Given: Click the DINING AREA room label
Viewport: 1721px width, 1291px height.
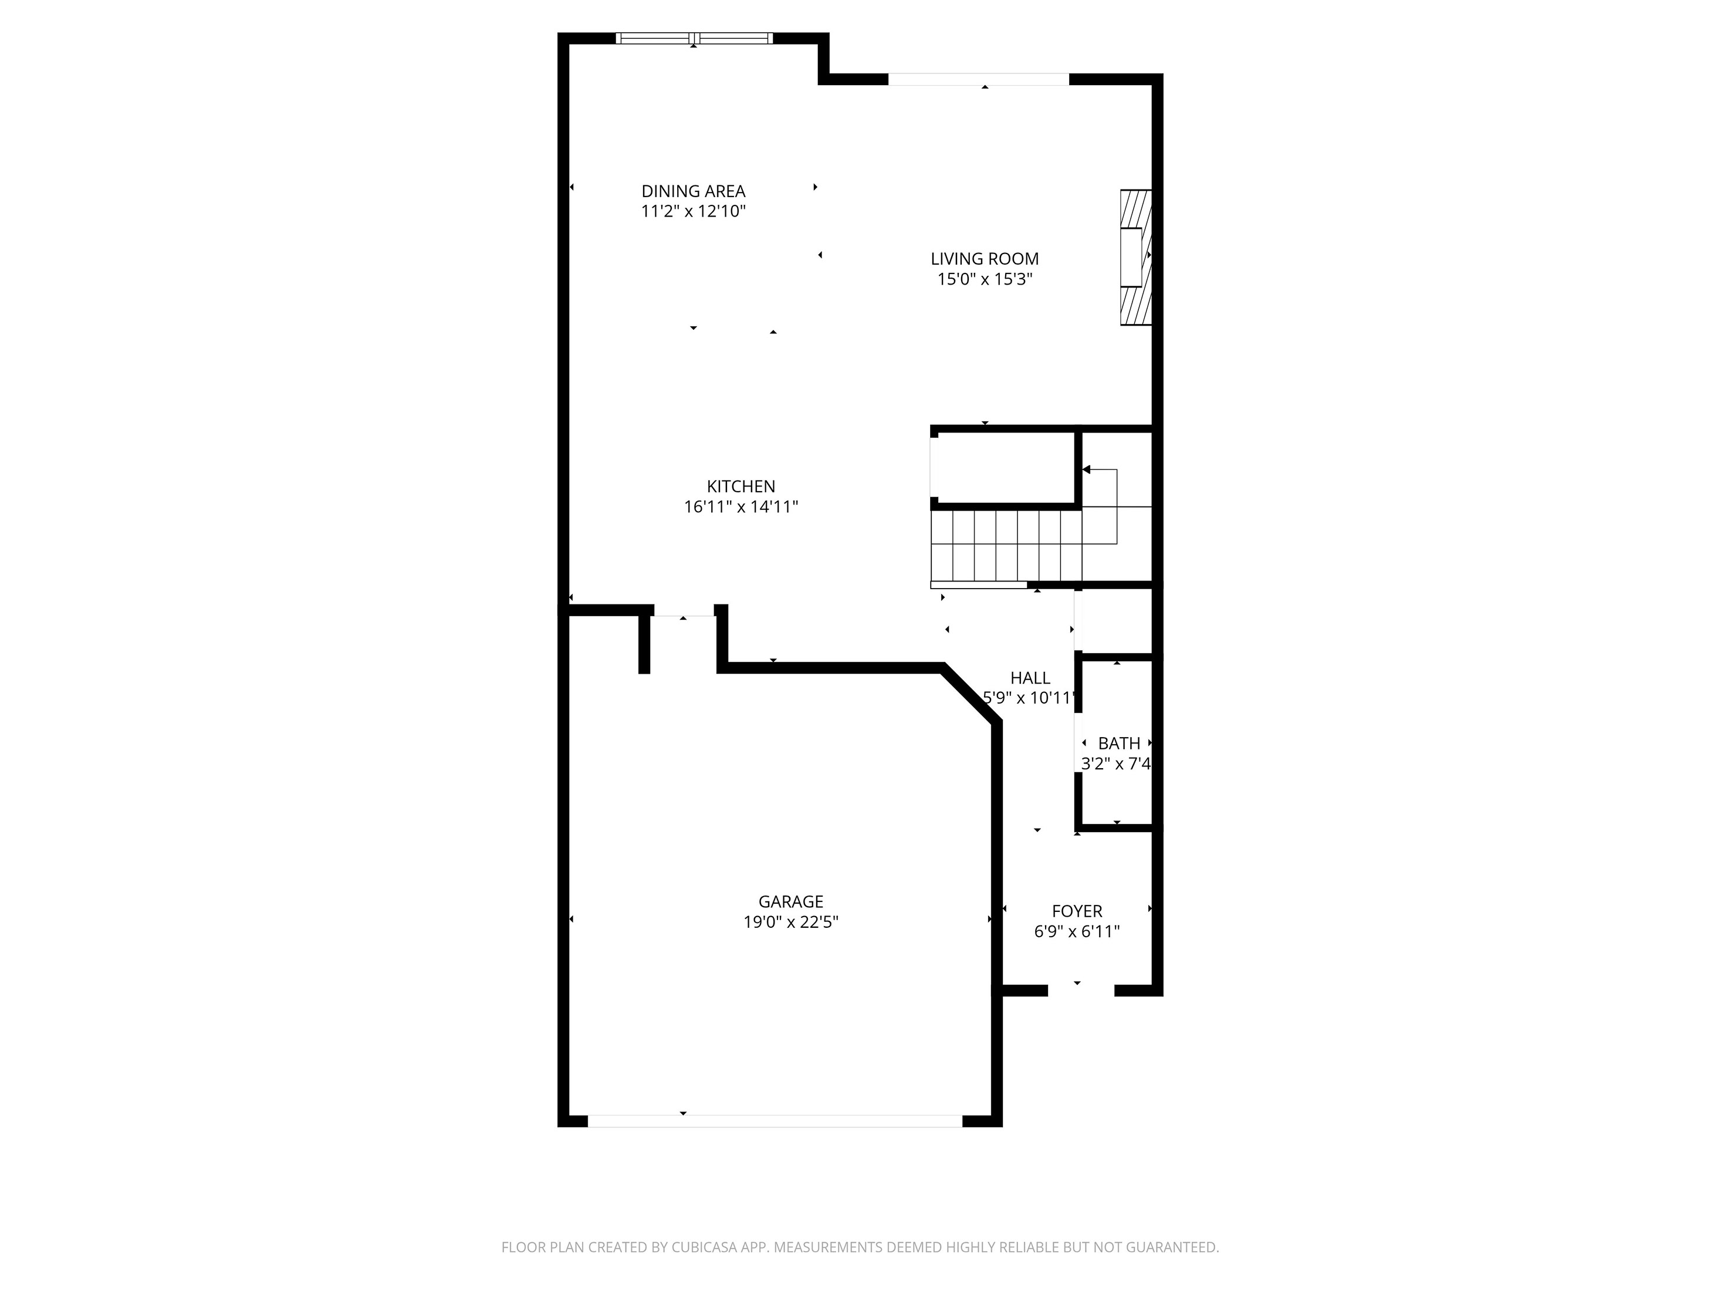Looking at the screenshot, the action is [x=693, y=191].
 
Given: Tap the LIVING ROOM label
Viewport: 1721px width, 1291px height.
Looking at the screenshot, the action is [x=985, y=259].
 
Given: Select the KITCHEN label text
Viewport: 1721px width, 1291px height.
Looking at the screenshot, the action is [x=741, y=487].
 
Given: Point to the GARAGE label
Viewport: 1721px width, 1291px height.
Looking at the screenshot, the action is [x=790, y=902].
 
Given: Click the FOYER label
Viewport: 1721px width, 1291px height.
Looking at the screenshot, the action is [x=1077, y=911].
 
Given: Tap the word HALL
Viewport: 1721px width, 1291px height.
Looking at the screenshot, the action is [x=1030, y=678].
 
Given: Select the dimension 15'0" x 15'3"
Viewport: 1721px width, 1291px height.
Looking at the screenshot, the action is [x=985, y=279].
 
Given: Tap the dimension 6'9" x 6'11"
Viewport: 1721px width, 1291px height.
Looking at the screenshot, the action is [x=1077, y=931].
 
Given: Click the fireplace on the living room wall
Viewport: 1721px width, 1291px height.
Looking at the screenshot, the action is [x=1135, y=258].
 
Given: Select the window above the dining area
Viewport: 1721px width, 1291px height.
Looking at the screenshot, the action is [x=694, y=38].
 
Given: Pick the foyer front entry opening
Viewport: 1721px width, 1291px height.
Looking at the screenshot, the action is [x=1081, y=991].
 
